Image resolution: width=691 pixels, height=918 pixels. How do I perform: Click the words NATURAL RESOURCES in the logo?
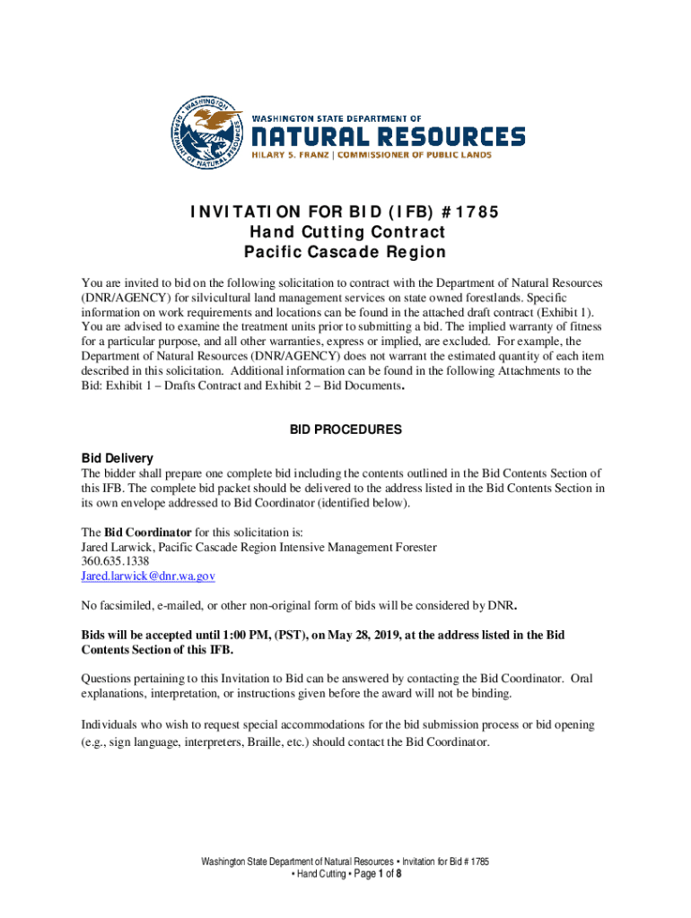tap(387, 137)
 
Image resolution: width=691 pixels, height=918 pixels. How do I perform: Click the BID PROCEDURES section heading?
tap(345, 430)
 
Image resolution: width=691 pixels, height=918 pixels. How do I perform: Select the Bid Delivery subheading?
tap(117, 458)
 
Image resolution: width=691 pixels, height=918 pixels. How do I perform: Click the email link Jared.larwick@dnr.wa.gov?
tap(148, 576)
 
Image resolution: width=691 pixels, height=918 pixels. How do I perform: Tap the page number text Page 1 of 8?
tap(374, 874)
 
